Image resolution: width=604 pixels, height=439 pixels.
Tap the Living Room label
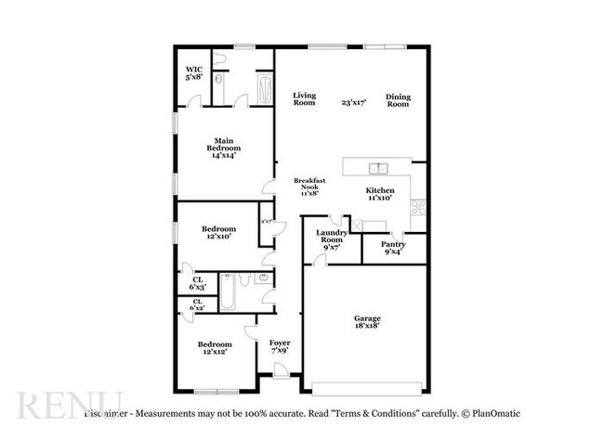[x=305, y=99]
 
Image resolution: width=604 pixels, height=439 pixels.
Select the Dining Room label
[x=398, y=100]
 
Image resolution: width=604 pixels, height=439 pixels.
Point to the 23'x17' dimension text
[x=353, y=102]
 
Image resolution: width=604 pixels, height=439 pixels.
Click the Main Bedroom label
[x=223, y=148]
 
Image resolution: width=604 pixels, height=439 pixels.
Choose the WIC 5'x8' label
[x=193, y=72]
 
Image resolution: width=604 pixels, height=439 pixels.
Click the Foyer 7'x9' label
[x=280, y=347]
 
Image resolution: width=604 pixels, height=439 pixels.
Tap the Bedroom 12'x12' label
[x=215, y=348]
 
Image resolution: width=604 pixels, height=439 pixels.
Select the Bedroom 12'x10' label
[x=218, y=232]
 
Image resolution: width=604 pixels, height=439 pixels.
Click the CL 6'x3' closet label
[x=198, y=282]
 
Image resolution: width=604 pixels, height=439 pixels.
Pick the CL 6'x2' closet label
[x=198, y=304]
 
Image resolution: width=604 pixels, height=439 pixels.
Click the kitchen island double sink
[x=378, y=169]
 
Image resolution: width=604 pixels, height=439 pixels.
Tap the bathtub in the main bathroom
[x=264, y=91]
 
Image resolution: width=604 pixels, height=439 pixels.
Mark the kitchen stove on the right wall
[x=419, y=206]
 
